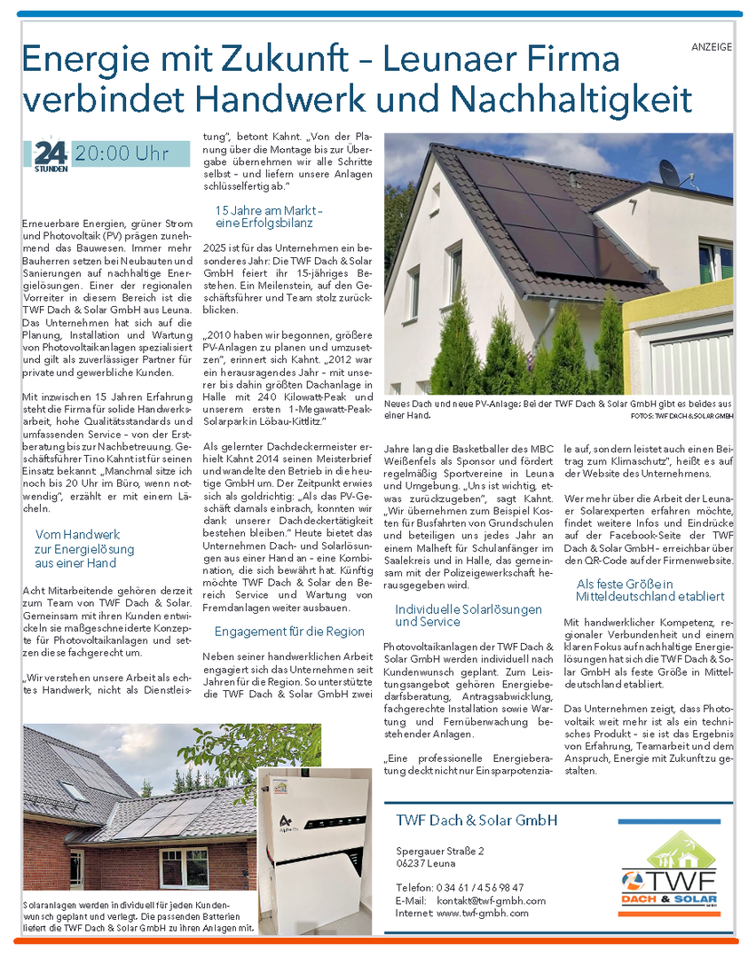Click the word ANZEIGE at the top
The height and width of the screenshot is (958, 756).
712,47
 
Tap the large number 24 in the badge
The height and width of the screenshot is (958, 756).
51,153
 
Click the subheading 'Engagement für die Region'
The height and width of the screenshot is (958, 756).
289,632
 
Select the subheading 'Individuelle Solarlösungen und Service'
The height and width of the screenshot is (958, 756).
469,616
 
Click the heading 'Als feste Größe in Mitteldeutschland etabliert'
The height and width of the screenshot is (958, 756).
650,591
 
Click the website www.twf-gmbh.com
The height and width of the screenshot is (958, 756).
483,913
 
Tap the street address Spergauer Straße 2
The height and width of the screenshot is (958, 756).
440,852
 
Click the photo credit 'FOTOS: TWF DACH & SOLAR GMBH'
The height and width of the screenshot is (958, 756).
681,415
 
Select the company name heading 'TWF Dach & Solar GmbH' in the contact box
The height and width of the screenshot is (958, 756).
476,821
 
